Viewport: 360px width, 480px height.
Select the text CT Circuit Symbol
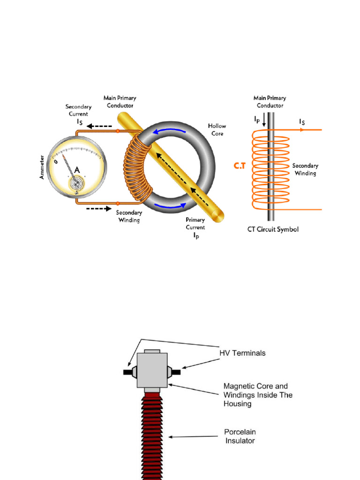pyautogui.click(x=273, y=230)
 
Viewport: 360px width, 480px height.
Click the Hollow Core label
pyautogui.click(x=217, y=130)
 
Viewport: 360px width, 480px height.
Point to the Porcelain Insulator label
pyautogui.click(x=240, y=436)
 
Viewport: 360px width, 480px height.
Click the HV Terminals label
pyautogui.click(x=242, y=353)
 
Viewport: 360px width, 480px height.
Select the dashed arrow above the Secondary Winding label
pyautogui.click(x=98, y=208)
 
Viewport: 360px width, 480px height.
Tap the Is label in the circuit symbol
pyautogui.click(x=301, y=122)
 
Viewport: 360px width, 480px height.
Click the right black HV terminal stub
pyautogui.click(x=176, y=372)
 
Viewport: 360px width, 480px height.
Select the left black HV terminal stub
pyautogui.click(x=127, y=372)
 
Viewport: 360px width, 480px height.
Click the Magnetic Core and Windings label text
pyautogui.click(x=258, y=395)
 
